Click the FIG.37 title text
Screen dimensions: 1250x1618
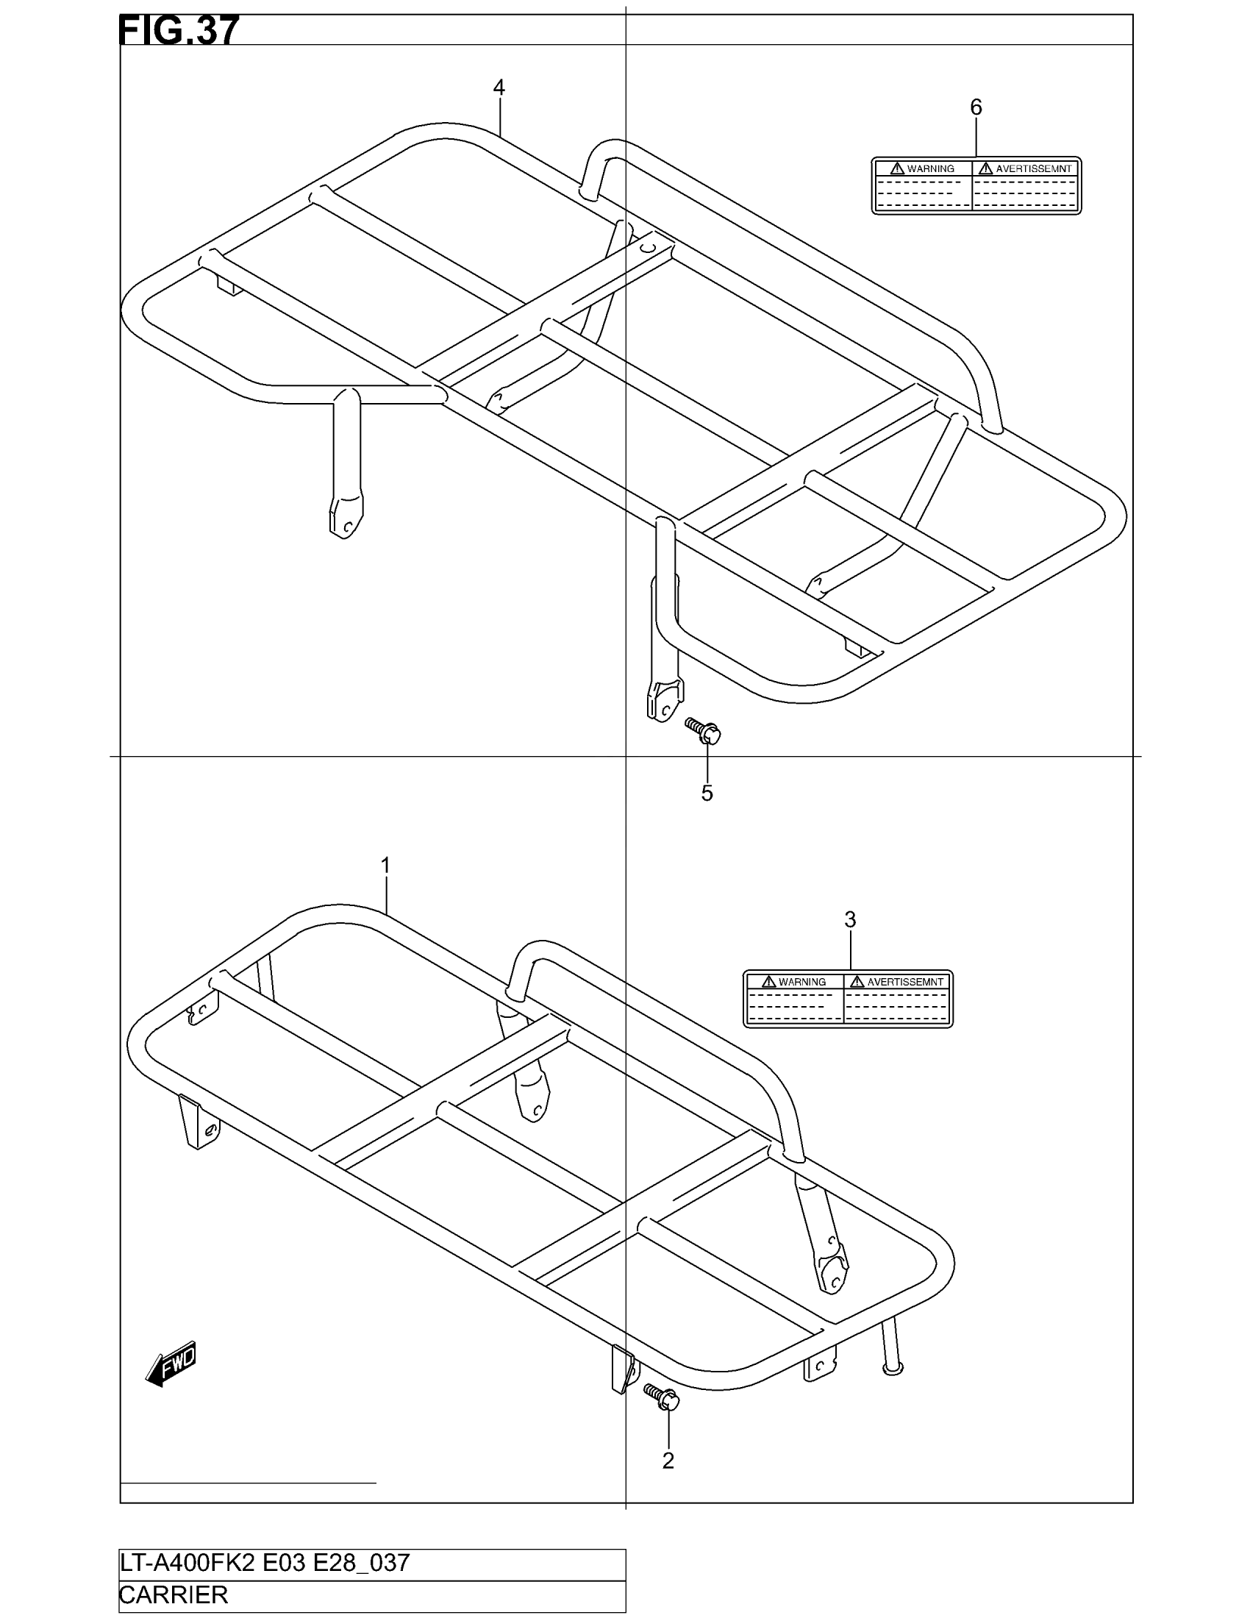point(179,31)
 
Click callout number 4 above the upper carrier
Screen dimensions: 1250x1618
point(499,88)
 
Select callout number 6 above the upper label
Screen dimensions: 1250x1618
point(976,107)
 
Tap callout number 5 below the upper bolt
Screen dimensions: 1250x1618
point(707,793)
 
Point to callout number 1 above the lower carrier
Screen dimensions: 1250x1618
point(385,866)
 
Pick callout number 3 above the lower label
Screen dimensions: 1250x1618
point(850,919)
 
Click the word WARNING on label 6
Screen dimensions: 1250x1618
point(930,169)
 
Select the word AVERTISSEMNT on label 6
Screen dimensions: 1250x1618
point(1033,169)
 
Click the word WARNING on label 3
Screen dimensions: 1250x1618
point(802,982)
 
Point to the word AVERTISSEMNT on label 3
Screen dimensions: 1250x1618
point(905,982)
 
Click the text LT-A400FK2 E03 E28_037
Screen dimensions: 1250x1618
point(265,1563)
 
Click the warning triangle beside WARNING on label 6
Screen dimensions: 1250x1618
point(898,168)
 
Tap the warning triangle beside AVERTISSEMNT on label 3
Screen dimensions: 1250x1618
point(857,982)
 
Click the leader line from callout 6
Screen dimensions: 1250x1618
point(976,138)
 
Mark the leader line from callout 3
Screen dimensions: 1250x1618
point(850,950)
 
